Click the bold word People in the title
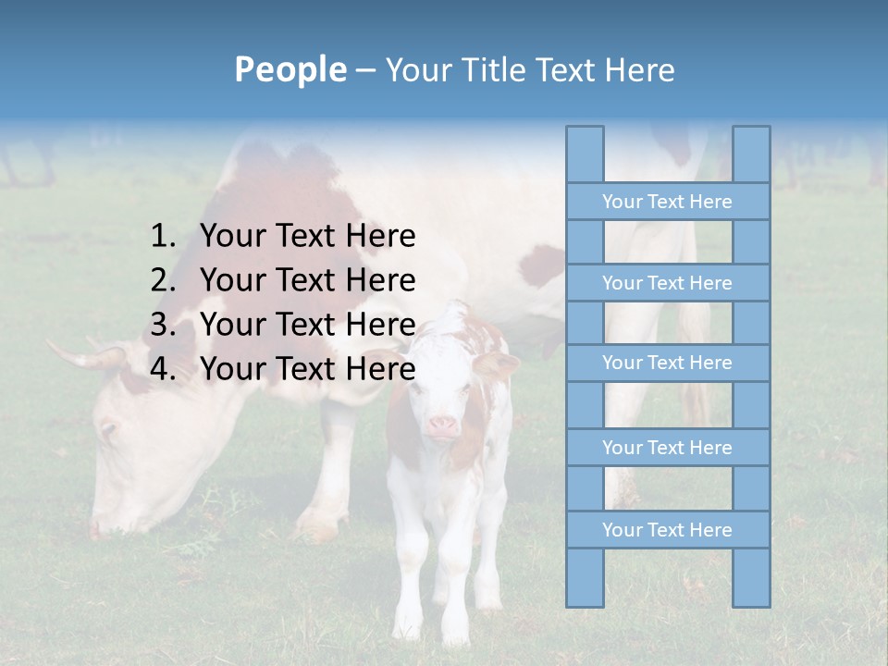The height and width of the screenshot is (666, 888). click(x=290, y=69)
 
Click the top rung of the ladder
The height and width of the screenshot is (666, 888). click(x=667, y=202)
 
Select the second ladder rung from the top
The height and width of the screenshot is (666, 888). click(x=667, y=283)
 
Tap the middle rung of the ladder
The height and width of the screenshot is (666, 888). click(x=667, y=364)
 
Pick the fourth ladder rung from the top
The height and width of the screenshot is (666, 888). click(x=667, y=448)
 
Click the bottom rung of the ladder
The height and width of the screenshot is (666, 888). click(x=667, y=530)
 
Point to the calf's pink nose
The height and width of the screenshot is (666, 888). click(x=442, y=426)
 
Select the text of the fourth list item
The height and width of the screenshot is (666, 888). click(x=307, y=369)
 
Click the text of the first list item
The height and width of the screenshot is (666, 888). click(x=307, y=237)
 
